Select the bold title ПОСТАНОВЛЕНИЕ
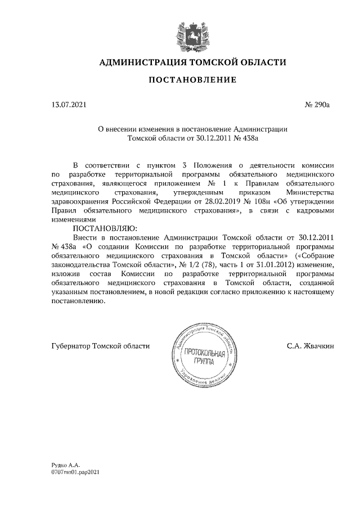192,80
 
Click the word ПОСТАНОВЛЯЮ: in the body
102,229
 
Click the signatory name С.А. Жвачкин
310,346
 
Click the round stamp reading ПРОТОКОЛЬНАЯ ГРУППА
200,355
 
